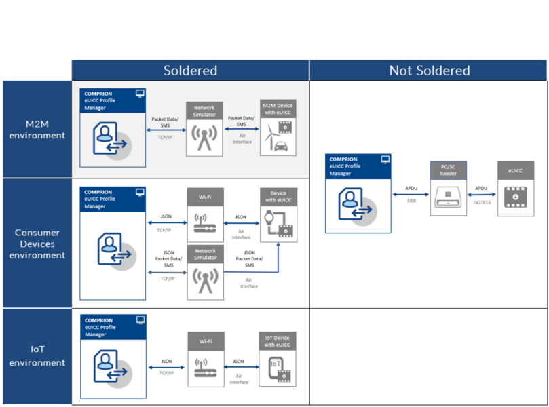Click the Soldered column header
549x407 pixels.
point(190,71)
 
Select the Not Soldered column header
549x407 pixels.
point(429,71)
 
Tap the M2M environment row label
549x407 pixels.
point(37,130)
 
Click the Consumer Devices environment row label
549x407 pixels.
point(37,244)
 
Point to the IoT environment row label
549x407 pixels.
point(37,356)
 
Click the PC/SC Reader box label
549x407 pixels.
point(448,170)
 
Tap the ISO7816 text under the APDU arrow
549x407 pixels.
point(482,202)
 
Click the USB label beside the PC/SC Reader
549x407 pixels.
point(411,201)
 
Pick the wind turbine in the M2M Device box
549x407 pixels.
point(270,136)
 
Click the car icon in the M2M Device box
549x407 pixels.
point(281,147)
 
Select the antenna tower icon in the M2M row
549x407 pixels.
point(204,138)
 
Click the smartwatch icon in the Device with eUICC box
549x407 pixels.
point(269,218)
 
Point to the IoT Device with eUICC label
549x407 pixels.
point(278,341)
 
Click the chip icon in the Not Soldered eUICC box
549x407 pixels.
point(515,197)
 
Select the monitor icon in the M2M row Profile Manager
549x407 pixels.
point(140,94)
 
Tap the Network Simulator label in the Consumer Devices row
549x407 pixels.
point(206,254)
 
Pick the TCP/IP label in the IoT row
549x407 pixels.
point(166,373)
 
